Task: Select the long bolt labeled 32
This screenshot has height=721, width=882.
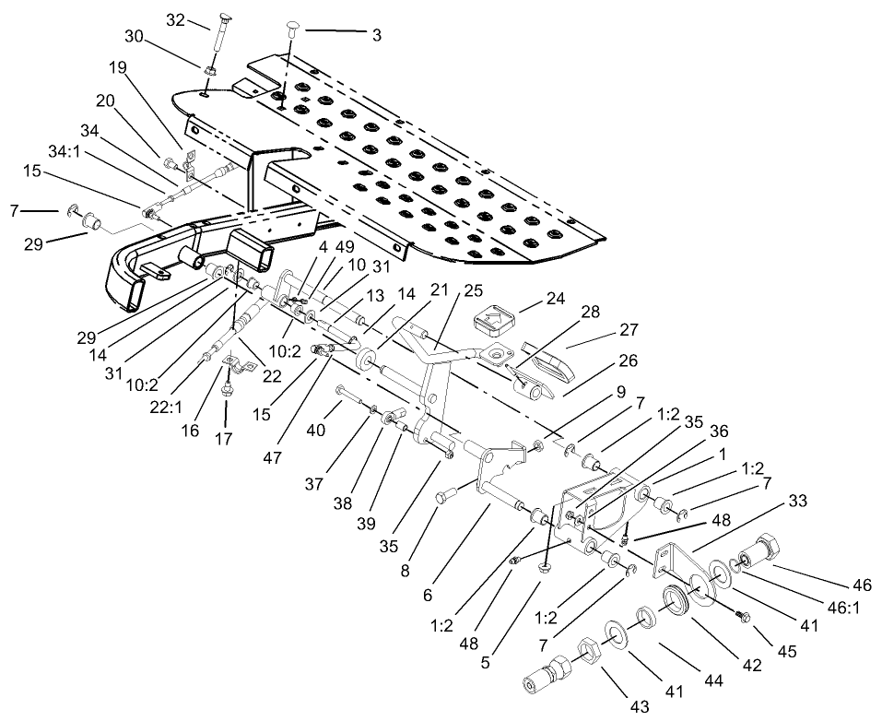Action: pyautogui.click(x=218, y=37)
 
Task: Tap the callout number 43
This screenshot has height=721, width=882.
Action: pyautogui.click(x=615, y=706)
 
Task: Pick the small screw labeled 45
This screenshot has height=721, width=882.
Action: pyautogui.click(x=741, y=615)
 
